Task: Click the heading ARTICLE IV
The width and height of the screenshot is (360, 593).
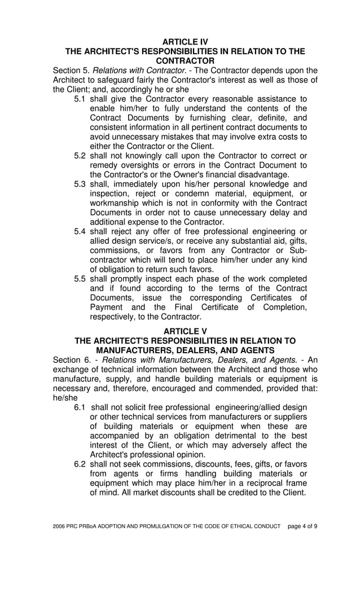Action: pyautogui.click(x=185, y=42)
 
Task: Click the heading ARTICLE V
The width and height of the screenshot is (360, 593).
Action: pyautogui.click(x=185, y=331)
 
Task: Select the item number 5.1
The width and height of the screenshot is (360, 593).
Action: pyautogui.click(x=81, y=99)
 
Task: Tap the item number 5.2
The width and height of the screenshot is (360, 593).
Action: pyautogui.click(x=81, y=156)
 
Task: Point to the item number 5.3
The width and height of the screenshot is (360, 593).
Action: pyautogui.click(x=81, y=185)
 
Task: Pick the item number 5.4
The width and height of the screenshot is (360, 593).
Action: pyautogui.click(x=81, y=232)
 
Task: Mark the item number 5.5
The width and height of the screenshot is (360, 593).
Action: pyautogui.click(x=81, y=279)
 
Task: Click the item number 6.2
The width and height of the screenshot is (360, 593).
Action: pyautogui.click(x=81, y=464)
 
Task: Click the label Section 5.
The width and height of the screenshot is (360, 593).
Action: pyautogui.click(x=71, y=71)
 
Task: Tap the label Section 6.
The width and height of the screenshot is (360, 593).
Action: pyautogui.click(x=71, y=360)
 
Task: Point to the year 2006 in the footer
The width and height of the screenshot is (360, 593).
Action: pyautogui.click(x=59, y=526)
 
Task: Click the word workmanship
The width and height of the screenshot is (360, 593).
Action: pyautogui.click(x=117, y=203)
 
